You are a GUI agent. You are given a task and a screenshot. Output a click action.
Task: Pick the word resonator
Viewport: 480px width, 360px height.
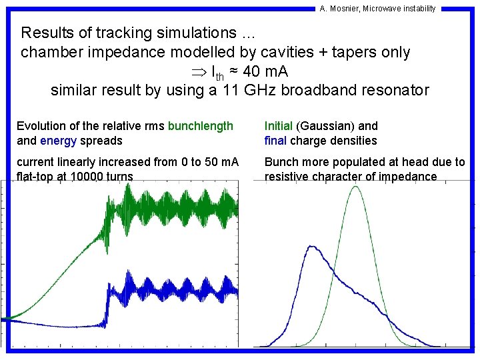click(394, 90)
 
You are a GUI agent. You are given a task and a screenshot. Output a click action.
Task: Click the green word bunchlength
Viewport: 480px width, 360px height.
click(201, 126)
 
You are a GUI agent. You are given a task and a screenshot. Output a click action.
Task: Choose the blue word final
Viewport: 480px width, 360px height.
click(276, 140)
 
